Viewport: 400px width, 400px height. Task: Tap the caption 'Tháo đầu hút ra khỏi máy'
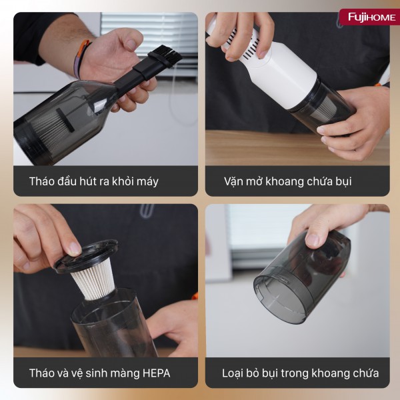pyautogui.click(x=93, y=181)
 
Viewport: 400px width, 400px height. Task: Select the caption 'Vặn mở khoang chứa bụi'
pyautogui.click(x=288, y=181)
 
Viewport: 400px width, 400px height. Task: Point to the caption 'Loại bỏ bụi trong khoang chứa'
pyautogui.click(x=300, y=373)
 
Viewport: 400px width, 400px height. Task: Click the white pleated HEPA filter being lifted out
pyautogui.click(x=95, y=280)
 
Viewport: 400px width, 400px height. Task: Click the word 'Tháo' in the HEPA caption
pyautogui.click(x=43, y=373)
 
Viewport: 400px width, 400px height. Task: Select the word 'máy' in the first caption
pyautogui.click(x=146, y=181)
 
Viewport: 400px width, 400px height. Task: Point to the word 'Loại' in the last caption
pyautogui.click(x=234, y=373)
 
